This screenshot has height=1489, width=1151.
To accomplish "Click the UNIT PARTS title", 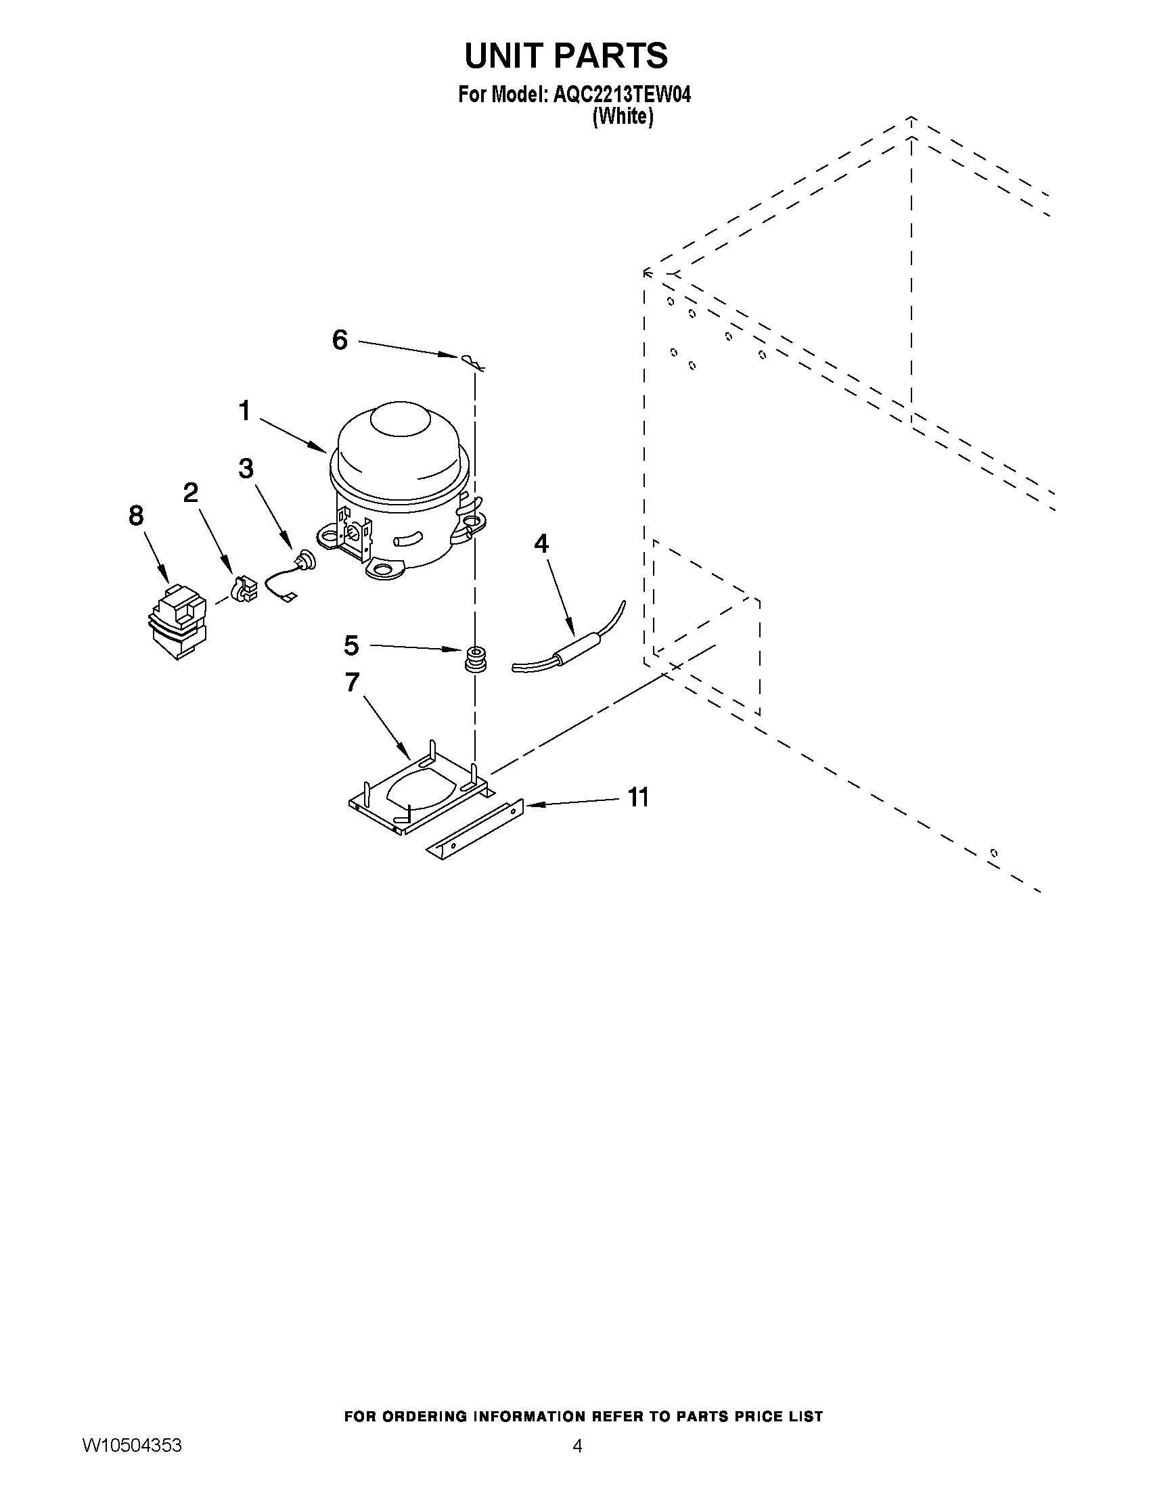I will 566,56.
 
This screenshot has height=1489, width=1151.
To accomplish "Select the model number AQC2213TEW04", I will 622,95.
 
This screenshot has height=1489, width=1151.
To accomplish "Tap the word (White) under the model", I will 623,117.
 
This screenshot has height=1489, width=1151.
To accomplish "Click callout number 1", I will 244,411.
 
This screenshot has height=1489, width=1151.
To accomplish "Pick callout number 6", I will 340,340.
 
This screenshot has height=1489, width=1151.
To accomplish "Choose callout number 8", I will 137,516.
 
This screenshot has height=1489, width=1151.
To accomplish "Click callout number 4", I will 541,543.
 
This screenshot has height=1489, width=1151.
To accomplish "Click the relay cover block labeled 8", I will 177,620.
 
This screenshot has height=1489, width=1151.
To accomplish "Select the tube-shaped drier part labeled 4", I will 572,647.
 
